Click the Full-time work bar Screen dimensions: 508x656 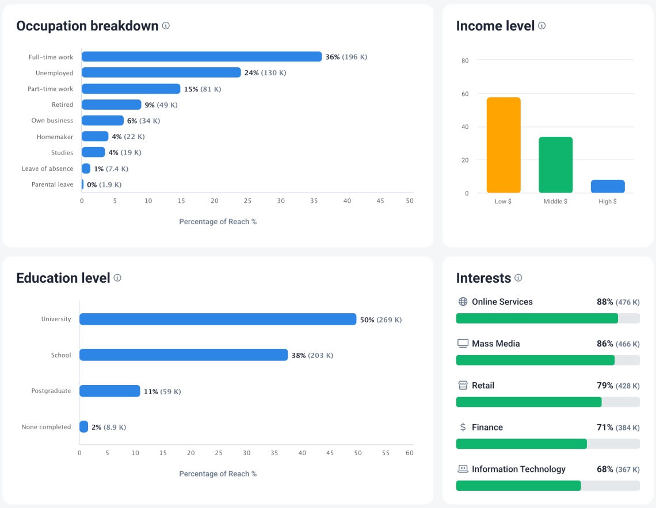click(201, 56)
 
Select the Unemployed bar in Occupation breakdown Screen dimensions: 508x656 click(161, 72)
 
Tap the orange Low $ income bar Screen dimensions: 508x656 click(504, 145)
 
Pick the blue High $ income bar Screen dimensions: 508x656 click(608, 186)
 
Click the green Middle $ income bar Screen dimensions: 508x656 click(555, 165)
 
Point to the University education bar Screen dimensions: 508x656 click(218, 319)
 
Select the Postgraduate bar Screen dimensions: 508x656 click(109, 391)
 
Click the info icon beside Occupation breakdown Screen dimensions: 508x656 click(166, 26)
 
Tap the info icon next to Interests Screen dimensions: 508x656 click(518, 278)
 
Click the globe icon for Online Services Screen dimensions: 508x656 click(463, 302)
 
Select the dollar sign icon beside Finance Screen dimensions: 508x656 click(463, 427)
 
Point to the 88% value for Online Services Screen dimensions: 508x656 click(605, 302)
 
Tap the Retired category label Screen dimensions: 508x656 click(62, 105)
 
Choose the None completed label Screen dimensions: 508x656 click(46, 427)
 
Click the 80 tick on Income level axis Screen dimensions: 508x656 click(464, 60)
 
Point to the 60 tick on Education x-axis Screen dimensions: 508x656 click(409, 453)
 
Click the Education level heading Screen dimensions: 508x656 click(63, 278)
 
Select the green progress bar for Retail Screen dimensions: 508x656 click(528, 402)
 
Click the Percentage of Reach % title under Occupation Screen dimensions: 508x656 click(218, 222)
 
